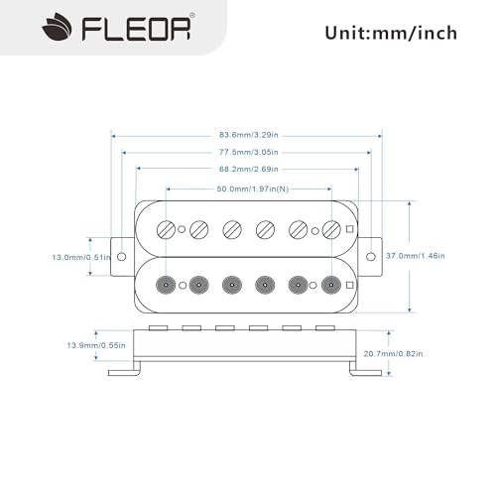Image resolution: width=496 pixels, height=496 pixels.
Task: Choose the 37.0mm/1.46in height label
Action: [x=415, y=256]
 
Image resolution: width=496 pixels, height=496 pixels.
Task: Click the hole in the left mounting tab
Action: [x=122, y=257]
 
